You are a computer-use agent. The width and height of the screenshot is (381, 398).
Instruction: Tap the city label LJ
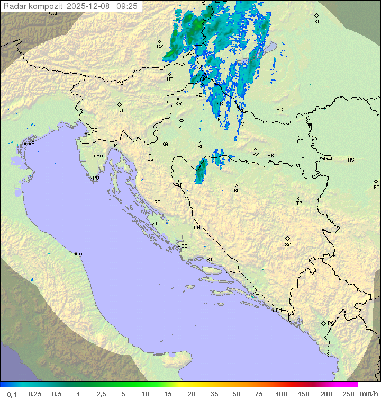120,111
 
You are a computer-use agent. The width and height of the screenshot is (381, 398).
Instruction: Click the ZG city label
182,127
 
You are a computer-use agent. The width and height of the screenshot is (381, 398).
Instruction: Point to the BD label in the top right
317,22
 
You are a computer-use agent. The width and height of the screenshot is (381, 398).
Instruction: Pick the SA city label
288,245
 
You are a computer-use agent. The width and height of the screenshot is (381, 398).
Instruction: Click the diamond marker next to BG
376,181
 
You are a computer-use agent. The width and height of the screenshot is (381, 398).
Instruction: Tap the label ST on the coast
210,260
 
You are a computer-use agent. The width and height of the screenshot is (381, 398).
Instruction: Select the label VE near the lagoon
31,144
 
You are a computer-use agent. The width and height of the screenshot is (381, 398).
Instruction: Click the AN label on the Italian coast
82,254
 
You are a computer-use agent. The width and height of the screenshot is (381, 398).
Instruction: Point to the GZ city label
160,47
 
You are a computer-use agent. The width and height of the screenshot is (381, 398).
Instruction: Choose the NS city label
351,160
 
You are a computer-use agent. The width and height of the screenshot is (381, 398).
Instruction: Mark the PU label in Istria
96,178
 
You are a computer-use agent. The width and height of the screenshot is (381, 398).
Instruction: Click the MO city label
266,269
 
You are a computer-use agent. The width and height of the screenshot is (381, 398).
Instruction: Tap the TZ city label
300,204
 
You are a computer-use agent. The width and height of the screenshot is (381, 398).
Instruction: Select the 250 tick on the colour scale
348,394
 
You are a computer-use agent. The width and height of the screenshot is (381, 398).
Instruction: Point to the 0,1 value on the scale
12,394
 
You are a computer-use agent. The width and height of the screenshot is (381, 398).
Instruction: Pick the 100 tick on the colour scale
281,394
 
